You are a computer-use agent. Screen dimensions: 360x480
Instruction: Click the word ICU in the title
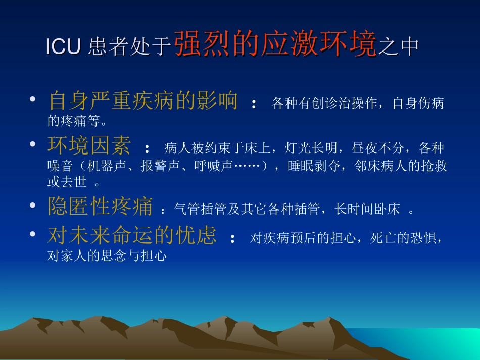[63, 46]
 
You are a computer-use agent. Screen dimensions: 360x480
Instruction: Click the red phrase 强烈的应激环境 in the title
[276, 44]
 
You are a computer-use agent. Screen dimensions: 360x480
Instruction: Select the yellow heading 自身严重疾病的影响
[143, 101]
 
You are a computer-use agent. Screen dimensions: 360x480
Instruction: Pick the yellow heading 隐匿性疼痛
[100, 207]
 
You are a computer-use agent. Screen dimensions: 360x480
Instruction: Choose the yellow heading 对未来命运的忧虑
[132, 235]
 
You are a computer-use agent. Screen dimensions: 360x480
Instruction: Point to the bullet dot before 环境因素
[33, 144]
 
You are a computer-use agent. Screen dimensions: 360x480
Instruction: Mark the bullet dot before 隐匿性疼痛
[33, 205]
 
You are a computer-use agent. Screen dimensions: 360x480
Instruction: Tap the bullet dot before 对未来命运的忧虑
[33, 234]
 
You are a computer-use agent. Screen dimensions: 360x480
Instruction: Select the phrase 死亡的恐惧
[399, 238]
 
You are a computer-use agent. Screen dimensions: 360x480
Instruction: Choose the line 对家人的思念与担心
[107, 256]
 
